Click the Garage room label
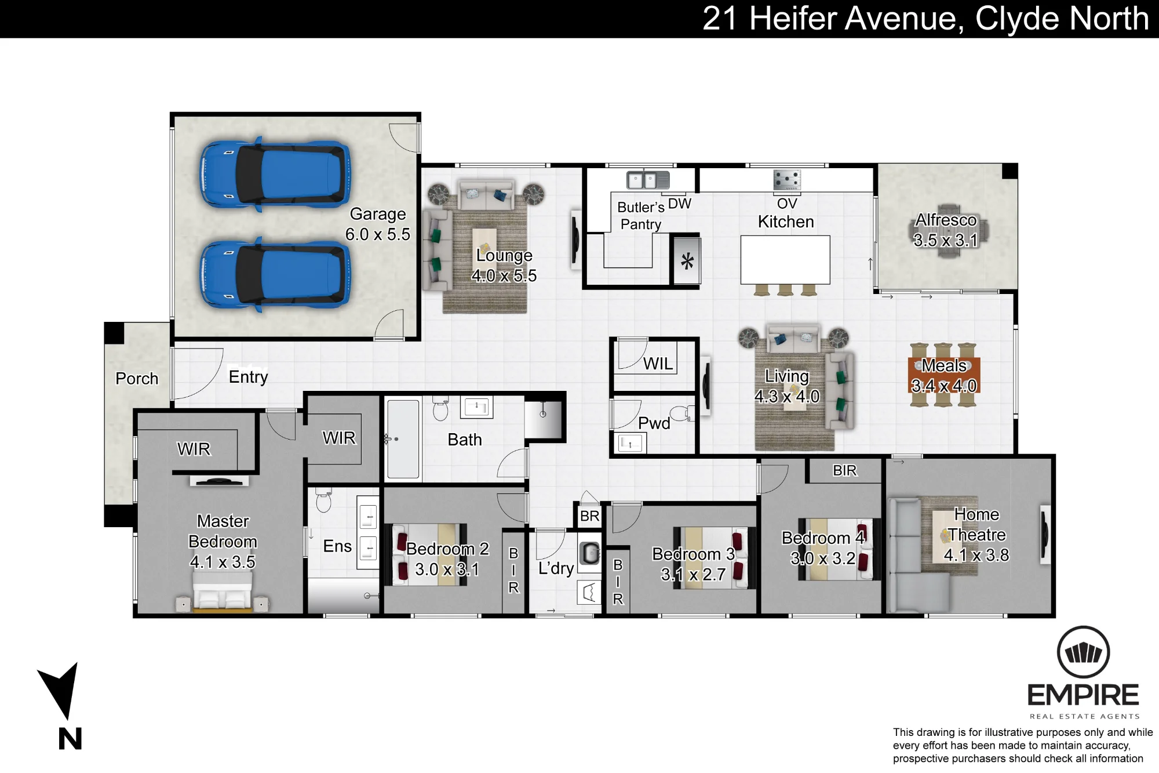378,214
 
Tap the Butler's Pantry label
641,216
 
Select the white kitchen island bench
785,260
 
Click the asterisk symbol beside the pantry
687,262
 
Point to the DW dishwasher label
680,204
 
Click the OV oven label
787,204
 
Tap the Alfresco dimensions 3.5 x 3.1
946,240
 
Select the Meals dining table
944,375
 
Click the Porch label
137,379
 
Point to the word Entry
249,378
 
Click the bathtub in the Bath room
403,439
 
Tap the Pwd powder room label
654,423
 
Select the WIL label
658,364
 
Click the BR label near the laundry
590,516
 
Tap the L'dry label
556,568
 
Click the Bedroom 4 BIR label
844,471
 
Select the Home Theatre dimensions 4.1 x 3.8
976,556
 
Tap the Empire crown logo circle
1084,652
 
